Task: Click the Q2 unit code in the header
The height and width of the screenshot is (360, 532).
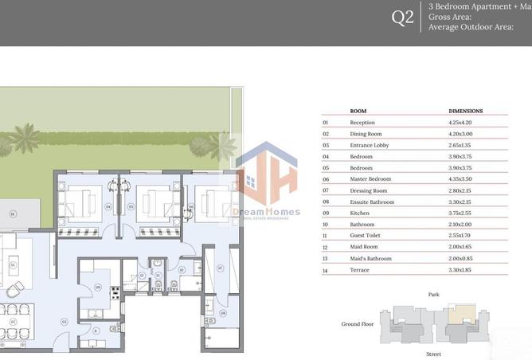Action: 403,18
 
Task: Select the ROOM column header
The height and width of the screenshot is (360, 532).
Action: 358,111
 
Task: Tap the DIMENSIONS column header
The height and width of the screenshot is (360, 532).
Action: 466,111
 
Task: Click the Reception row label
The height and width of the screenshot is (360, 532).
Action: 362,123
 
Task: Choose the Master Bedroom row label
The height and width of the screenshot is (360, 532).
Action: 370,179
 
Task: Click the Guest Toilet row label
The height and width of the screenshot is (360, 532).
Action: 365,236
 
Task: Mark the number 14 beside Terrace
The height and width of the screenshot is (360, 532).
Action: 325,270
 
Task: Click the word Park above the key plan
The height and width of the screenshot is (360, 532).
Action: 433,294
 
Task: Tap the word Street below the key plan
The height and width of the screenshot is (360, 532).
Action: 433,353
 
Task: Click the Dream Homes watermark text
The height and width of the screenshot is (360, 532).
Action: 266,212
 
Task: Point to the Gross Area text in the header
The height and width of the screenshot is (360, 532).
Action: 450,16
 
